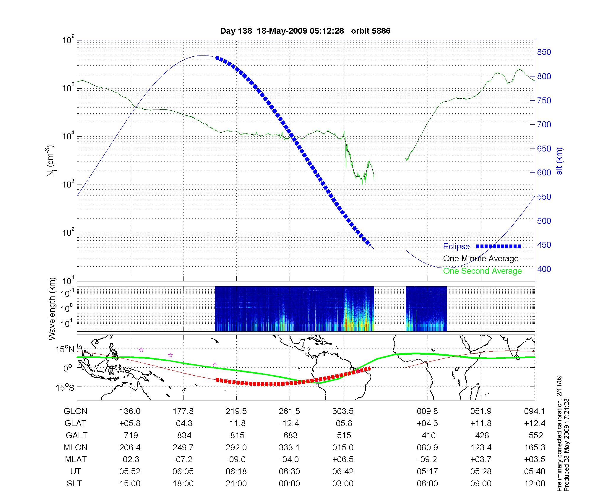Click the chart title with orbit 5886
305,31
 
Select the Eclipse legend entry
456,247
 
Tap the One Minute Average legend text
481,259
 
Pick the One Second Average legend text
482,271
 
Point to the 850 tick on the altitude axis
544,52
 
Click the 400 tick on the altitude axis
544,269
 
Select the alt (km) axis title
559,161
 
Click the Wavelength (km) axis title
52,309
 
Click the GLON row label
76,411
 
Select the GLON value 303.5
343,411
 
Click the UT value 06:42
343,472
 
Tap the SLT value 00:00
289,484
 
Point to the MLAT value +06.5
343,459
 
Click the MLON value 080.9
427,448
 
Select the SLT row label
74,484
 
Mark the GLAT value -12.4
289,423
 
